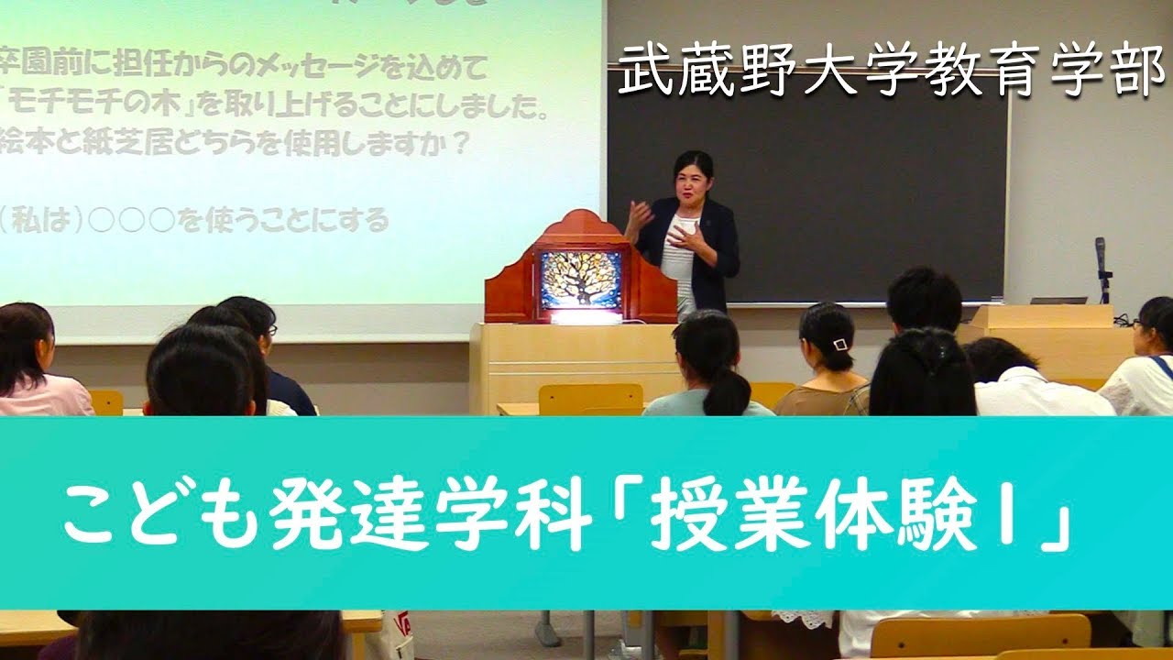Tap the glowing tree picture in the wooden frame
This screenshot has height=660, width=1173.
click(581, 280)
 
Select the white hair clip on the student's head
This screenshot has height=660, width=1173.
click(840, 345)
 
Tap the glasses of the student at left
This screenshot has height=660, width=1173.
click(271, 330)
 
